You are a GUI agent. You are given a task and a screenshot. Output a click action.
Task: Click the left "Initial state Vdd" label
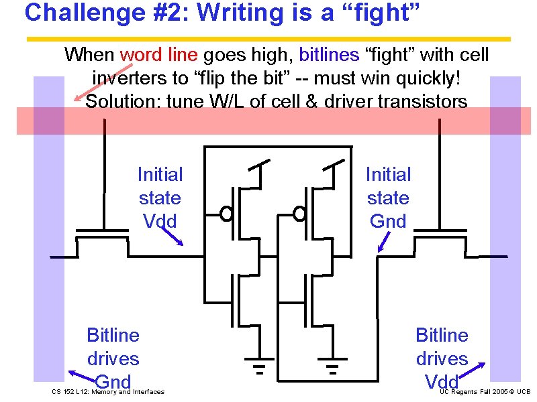pos(160,198)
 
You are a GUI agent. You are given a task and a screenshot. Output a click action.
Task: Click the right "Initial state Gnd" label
pos(388,198)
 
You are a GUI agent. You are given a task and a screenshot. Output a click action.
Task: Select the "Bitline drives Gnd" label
pos(113,358)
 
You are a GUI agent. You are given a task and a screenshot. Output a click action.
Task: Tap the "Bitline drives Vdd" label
pos(442,358)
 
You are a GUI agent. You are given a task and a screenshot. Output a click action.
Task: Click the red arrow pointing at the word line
pos(97,82)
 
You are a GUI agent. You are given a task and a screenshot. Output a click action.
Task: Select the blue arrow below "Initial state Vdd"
pos(173,236)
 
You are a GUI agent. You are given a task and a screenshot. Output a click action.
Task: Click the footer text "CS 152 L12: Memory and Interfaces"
pos(108,392)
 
